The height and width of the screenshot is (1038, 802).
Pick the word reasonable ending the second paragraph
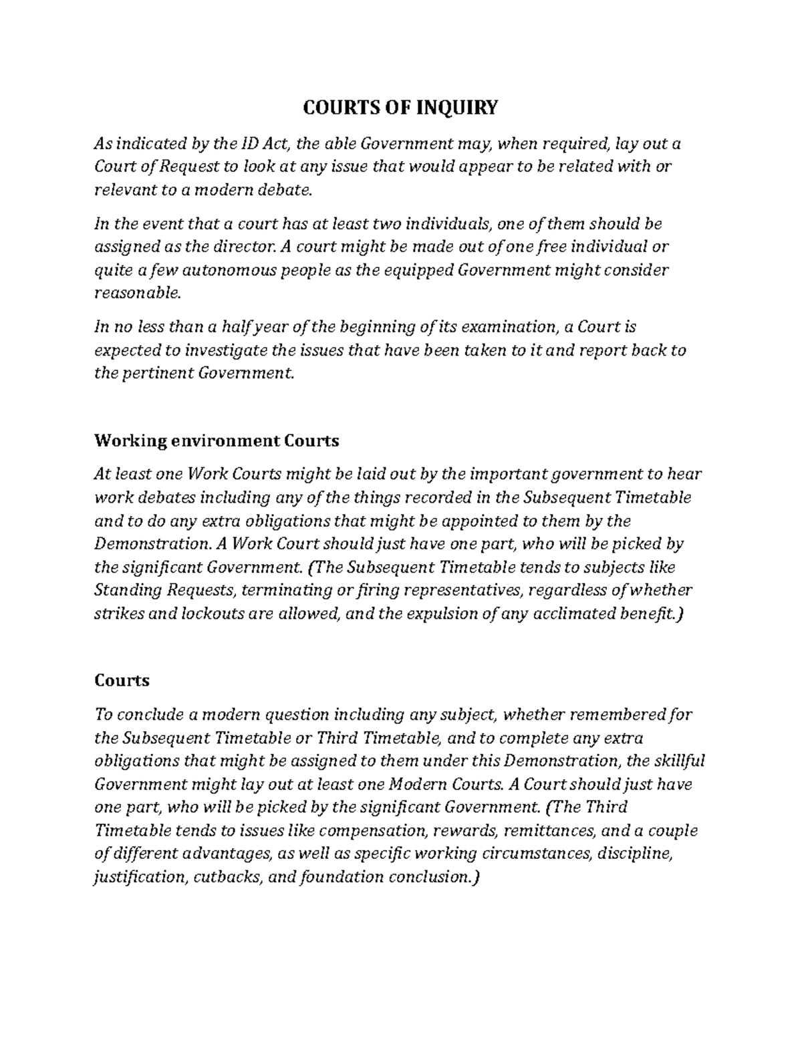(128, 293)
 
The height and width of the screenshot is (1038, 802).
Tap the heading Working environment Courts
(217, 441)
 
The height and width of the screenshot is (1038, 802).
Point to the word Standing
(128, 591)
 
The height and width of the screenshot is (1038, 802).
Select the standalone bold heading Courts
(122, 681)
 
